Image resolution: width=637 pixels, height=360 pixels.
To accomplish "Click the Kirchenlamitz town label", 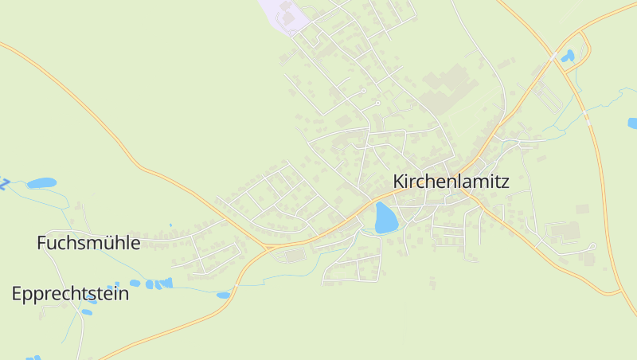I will pos(451,182).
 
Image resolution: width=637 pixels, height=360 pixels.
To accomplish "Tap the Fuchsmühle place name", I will pos(88,243).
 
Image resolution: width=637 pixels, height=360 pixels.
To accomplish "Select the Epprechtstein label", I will pos(70,293).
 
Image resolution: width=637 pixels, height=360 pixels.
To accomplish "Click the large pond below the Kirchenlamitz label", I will pos(385,217).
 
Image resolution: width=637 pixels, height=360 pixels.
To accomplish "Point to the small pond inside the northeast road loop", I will pos(567,57).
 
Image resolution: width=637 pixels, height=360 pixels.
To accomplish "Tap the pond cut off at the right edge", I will pos(632,123).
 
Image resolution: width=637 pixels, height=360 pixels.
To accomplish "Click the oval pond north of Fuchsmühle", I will pos(41,183).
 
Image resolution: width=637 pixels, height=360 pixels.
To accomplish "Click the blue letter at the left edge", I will pos(3,184).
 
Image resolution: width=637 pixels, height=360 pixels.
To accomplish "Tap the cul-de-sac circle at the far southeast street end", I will pos(593,246).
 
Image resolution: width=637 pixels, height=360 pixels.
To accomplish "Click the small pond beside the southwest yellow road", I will pos(223,295).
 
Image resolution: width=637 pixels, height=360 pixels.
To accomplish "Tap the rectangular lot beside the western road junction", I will pos(294,255).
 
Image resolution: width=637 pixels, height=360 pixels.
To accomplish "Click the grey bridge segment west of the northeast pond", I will pos(554,57).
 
